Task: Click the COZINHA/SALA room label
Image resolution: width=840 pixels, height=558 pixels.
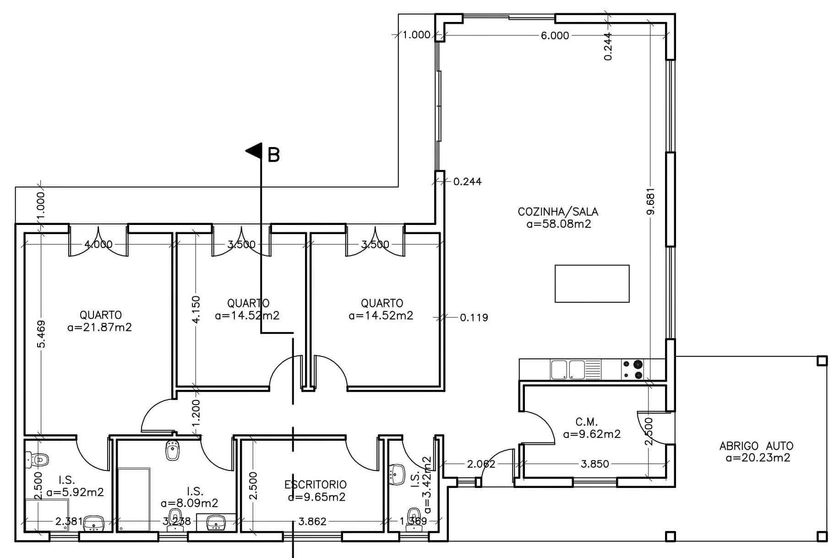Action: (558, 212)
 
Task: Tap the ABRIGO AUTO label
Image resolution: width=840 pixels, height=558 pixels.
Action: (756, 446)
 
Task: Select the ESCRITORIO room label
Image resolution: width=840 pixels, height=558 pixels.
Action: (315, 485)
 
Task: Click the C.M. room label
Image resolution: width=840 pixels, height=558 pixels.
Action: (586, 422)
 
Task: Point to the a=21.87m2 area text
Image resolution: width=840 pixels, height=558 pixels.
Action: (99, 327)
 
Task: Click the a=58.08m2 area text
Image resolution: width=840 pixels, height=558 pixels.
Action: (559, 224)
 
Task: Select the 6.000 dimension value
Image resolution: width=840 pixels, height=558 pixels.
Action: (555, 35)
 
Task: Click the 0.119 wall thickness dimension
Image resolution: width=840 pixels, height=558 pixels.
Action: (474, 317)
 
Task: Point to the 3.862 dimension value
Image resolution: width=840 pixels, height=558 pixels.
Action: (312, 521)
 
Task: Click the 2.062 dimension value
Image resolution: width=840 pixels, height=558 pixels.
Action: (481, 464)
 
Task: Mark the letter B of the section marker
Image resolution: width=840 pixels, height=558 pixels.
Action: (273, 155)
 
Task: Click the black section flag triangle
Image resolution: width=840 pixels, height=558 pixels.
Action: (254, 151)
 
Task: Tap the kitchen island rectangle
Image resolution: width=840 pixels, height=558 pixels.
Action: (592, 284)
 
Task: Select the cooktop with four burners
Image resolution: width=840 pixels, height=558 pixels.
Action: (633, 370)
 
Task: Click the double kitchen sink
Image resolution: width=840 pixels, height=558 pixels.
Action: (568, 370)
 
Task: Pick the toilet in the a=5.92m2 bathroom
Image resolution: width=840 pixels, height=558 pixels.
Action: (37, 459)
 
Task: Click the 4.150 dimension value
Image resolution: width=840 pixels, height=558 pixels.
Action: (196, 309)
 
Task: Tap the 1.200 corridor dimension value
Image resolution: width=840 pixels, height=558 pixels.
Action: (196, 412)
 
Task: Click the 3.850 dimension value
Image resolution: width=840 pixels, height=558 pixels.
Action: (595, 464)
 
